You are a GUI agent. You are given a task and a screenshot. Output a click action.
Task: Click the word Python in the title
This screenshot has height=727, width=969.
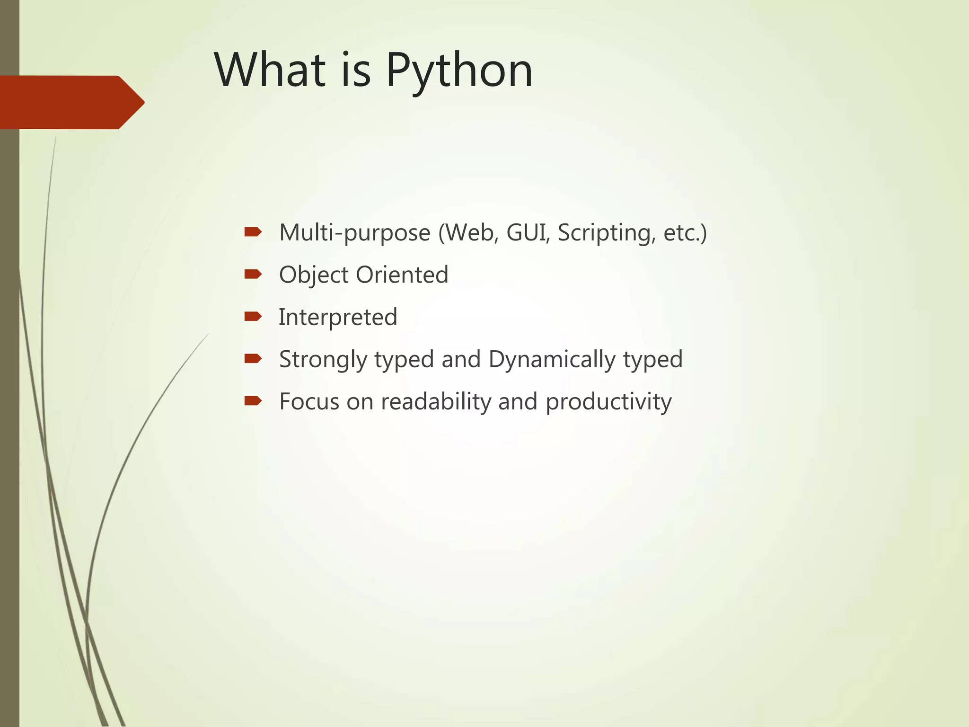tap(459, 71)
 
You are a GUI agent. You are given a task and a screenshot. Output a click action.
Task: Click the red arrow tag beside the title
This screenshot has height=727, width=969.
tap(71, 102)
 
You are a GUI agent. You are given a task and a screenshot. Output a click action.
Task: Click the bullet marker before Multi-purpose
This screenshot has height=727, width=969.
tap(253, 232)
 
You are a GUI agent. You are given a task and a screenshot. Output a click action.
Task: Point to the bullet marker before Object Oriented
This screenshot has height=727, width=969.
tap(253, 274)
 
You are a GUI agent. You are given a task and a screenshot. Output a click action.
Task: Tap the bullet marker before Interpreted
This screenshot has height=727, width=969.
tap(253, 316)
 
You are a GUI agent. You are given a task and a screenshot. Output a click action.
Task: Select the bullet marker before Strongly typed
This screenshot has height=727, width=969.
tap(253, 359)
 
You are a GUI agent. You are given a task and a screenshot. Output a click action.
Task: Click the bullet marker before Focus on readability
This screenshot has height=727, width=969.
tap(253, 401)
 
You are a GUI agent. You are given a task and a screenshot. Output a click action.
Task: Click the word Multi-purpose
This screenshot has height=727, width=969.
tap(354, 233)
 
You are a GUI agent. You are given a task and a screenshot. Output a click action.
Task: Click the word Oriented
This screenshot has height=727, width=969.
tap(402, 275)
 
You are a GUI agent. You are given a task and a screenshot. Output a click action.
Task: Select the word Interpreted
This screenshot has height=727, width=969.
tap(338, 317)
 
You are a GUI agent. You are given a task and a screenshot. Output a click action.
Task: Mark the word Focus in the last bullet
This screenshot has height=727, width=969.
tap(309, 401)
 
